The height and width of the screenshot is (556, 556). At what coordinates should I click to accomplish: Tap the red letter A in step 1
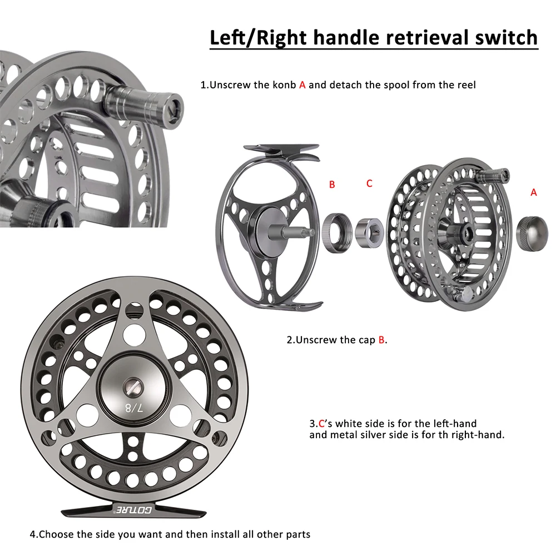coord(302,85)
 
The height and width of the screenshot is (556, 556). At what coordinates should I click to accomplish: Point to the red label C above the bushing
coord(369,183)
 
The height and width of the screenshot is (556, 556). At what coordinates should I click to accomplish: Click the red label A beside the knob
coord(534,192)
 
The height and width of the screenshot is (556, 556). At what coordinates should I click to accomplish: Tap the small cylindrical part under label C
coord(369,229)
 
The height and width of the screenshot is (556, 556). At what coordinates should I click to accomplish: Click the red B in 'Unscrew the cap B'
coord(381,340)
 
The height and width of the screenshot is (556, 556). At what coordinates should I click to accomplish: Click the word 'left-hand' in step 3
coord(457,424)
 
